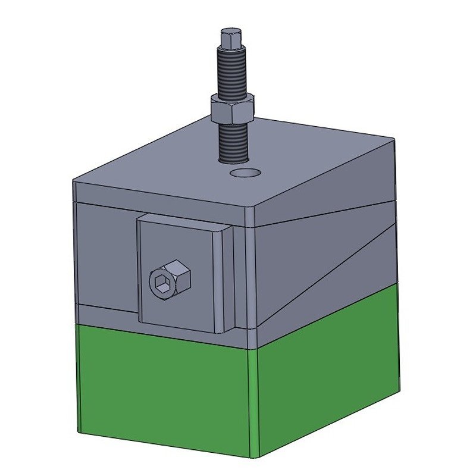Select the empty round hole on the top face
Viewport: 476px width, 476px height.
coord(246,173)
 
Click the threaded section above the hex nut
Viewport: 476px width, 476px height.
coord(232,74)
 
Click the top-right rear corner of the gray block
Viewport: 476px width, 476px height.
coord(393,139)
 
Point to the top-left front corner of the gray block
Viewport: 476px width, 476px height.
coord(73,180)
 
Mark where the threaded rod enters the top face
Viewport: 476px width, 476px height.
coord(233,159)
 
